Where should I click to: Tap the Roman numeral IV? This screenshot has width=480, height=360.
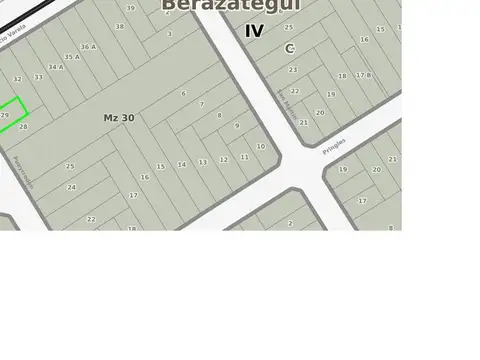(x=255, y=31)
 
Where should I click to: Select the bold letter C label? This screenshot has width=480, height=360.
(x=289, y=48)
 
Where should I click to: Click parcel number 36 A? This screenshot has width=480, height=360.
(x=88, y=46)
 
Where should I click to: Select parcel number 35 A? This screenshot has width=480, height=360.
(x=72, y=57)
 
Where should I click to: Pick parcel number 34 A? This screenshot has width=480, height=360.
(x=55, y=67)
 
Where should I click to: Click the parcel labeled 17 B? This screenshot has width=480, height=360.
(x=364, y=75)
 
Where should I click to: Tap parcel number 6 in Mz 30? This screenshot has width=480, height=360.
(x=183, y=93)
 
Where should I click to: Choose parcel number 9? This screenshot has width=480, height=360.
(x=237, y=126)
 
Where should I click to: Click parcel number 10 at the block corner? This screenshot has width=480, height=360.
(x=261, y=146)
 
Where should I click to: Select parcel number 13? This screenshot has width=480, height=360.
(x=203, y=161)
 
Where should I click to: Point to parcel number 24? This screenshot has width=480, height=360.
(x=71, y=187)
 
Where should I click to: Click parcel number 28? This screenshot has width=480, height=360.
(x=23, y=127)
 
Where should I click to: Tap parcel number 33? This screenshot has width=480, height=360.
(x=38, y=77)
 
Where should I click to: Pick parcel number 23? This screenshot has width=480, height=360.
(x=293, y=70)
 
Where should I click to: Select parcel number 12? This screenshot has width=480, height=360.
(x=224, y=159)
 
